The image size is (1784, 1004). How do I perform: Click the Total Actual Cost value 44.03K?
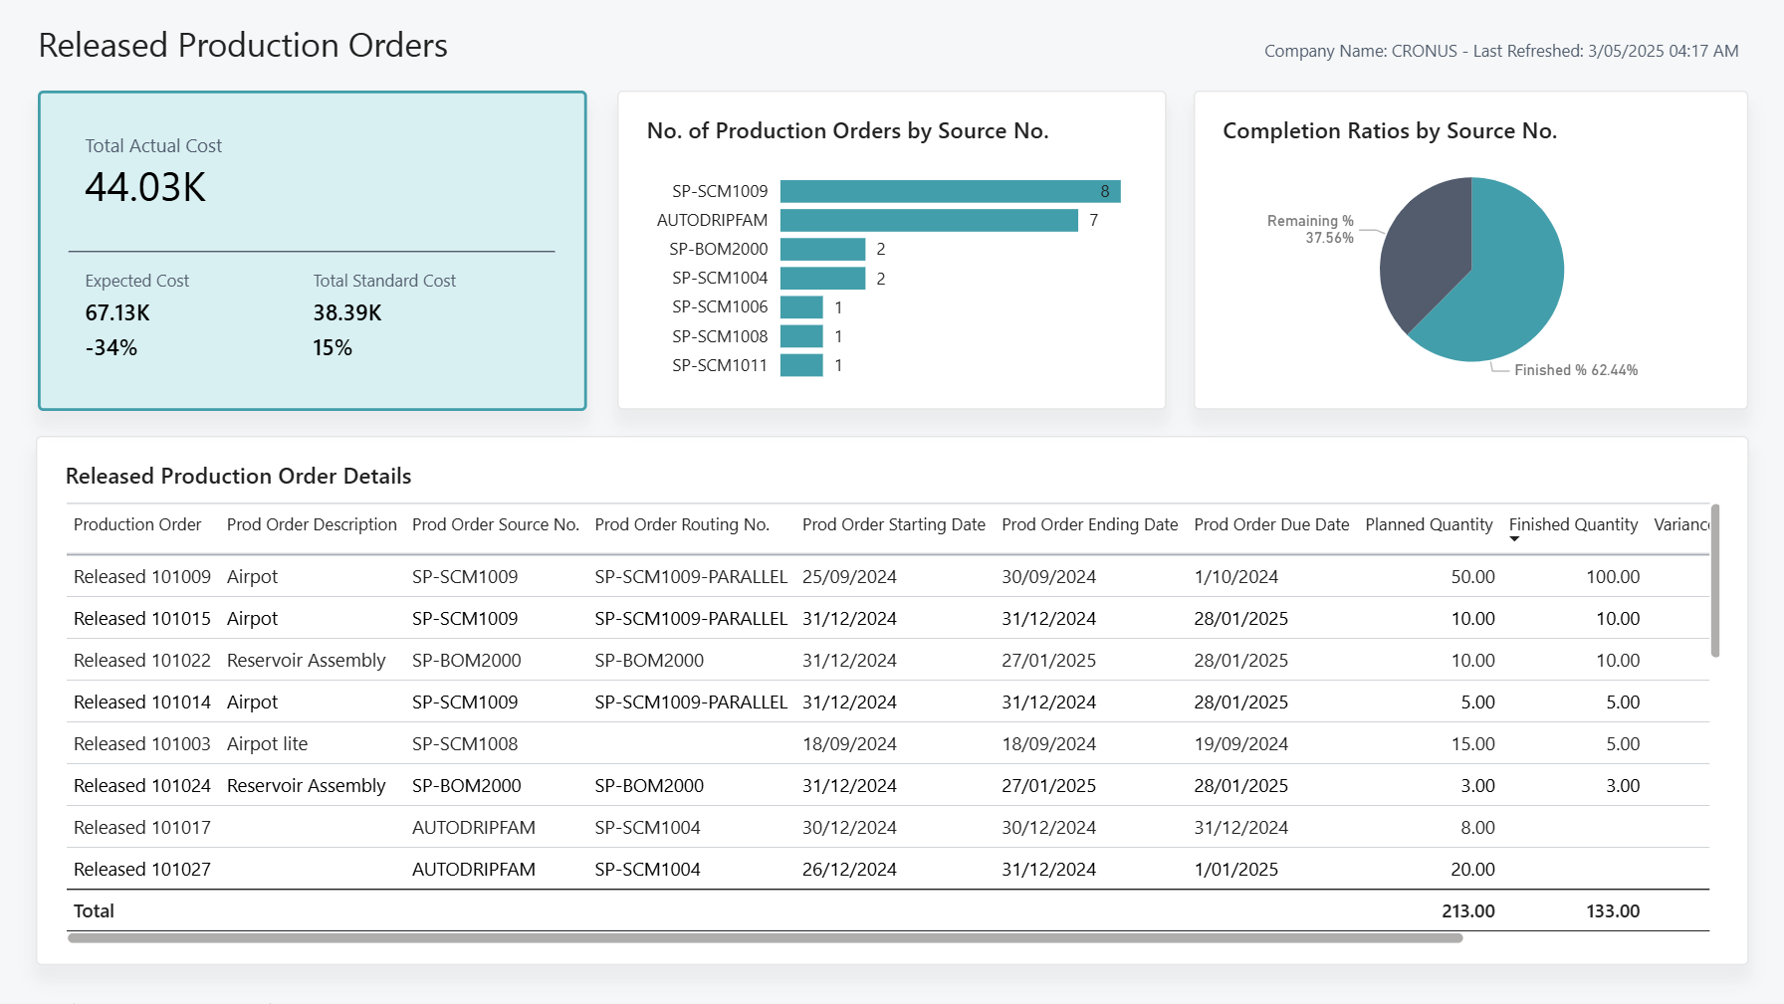[x=145, y=188]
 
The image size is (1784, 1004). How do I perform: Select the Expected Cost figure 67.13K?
[x=117, y=313]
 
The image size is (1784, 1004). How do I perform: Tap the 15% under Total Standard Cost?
[x=333, y=348]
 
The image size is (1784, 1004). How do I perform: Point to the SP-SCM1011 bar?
[x=801, y=366]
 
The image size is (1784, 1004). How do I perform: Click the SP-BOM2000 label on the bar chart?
[x=718, y=249]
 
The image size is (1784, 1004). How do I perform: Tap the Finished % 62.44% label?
[x=1575, y=370]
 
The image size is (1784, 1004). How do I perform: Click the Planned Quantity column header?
[x=1429, y=524]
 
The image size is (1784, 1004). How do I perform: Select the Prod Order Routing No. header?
[x=682, y=524]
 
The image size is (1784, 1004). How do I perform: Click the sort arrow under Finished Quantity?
[x=1514, y=539]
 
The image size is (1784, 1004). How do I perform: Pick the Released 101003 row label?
[x=142, y=744]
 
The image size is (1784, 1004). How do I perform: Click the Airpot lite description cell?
[x=267, y=744]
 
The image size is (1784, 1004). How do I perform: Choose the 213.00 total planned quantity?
[x=1467, y=911]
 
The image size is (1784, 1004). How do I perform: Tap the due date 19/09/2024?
[x=1240, y=744]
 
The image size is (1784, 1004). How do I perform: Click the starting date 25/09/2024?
[x=849, y=577]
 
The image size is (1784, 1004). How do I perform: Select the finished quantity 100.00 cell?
[x=1612, y=577]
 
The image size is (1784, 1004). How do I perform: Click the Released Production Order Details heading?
[x=238, y=477]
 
